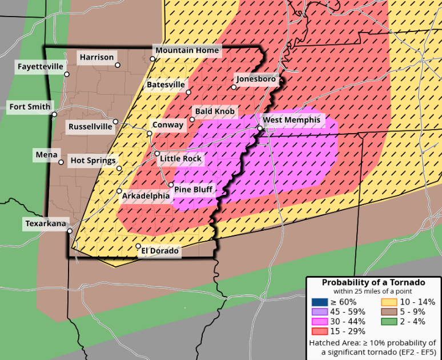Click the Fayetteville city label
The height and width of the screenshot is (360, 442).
[x=40, y=67]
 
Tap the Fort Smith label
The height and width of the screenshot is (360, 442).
[x=30, y=107]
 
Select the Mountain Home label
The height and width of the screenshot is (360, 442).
[x=187, y=50]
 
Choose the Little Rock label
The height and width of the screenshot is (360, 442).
[x=181, y=158]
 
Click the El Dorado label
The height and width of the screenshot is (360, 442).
[x=160, y=251]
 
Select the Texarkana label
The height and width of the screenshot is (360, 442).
[x=46, y=223]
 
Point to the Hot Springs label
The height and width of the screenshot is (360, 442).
[x=93, y=161]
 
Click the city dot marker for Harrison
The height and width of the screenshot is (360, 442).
[x=118, y=65]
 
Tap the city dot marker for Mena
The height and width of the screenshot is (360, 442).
[x=61, y=162]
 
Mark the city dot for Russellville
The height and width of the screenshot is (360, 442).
[x=115, y=122]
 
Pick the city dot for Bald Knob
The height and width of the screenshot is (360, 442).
[x=192, y=119]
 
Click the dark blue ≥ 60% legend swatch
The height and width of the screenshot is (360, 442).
[x=319, y=302]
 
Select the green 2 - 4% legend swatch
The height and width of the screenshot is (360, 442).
[x=388, y=322]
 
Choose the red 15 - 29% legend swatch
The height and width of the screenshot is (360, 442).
[x=319, y=331]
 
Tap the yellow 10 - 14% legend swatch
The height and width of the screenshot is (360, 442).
[x=388, y=302]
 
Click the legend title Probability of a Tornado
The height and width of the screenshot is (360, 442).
[x=373, y=282]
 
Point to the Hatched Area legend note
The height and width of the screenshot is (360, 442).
[x=373, y=347]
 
